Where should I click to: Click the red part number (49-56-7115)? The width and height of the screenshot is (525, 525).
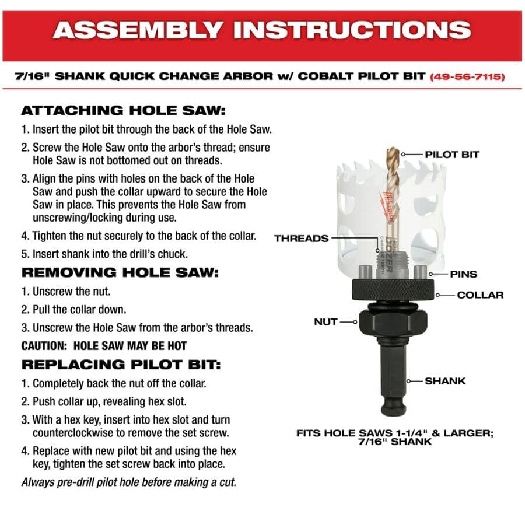coord(467,76)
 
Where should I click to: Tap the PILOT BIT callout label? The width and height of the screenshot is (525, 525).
coord(452,155)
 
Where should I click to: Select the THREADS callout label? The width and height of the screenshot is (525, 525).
coord(302,239)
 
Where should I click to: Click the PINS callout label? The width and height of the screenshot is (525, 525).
coord(463,274)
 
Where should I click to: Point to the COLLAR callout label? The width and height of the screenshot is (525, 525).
coord(480,295)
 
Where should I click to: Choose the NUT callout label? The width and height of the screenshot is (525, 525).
coord(325,322)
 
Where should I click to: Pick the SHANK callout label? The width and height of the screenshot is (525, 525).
coord(445,381)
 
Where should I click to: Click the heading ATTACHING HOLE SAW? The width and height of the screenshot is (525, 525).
coord(123,111)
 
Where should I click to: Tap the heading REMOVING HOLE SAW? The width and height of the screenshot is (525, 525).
coord(120,273)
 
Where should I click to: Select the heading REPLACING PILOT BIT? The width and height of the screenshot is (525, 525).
coord(121,365)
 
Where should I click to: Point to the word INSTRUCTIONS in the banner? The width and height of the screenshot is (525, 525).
coord(352,30)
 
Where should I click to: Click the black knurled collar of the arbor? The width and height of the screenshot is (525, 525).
coord(393,290)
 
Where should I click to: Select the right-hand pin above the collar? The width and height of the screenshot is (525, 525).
coord(420,272)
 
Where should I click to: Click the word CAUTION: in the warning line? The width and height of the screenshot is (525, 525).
coord(44,346)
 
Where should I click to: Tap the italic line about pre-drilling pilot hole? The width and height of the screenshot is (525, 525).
coord(129,482)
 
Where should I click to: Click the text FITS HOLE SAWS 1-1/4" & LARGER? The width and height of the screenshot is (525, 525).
coord(395,433)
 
